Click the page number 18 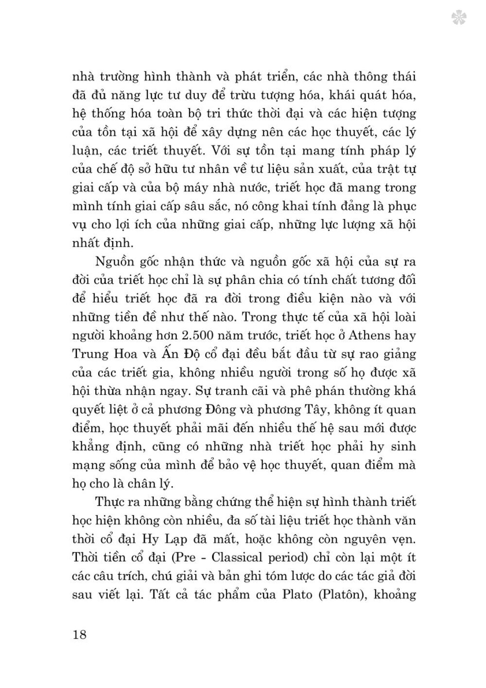click(x=79, y=634)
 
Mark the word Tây click(x=353, y=409)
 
